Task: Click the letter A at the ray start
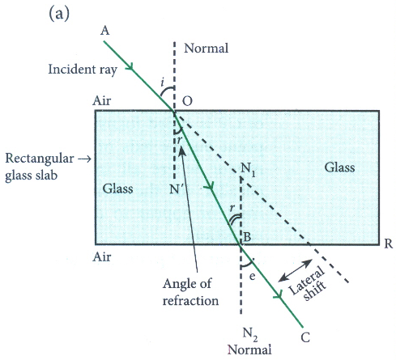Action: tap(105, 31)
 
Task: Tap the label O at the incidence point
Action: tap(187, 101)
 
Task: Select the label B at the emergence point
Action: tap(247, 237)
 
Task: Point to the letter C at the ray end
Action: tap(305, 337)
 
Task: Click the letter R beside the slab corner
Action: tap(389, 244)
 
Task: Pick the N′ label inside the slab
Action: tap(175, 189)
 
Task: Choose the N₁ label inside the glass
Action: tap(248, 169)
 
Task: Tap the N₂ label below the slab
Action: tap(250, 334)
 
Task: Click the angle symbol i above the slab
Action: tap(162, 82)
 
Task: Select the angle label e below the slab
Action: tap(252, 277)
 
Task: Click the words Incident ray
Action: tap(83, 70)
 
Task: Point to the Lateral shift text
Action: tap(308, 284)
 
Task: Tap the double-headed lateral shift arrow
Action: tap(295, 270)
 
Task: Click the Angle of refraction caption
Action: tap(190, 292)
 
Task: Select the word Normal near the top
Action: tap(206, 49)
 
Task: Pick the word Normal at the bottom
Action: tap(249, 349)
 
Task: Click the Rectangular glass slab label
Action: tap(40, 167)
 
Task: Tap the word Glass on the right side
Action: tap(339, 167)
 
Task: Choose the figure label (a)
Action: tap(59, 14)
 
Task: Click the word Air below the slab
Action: tap(102, 256)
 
